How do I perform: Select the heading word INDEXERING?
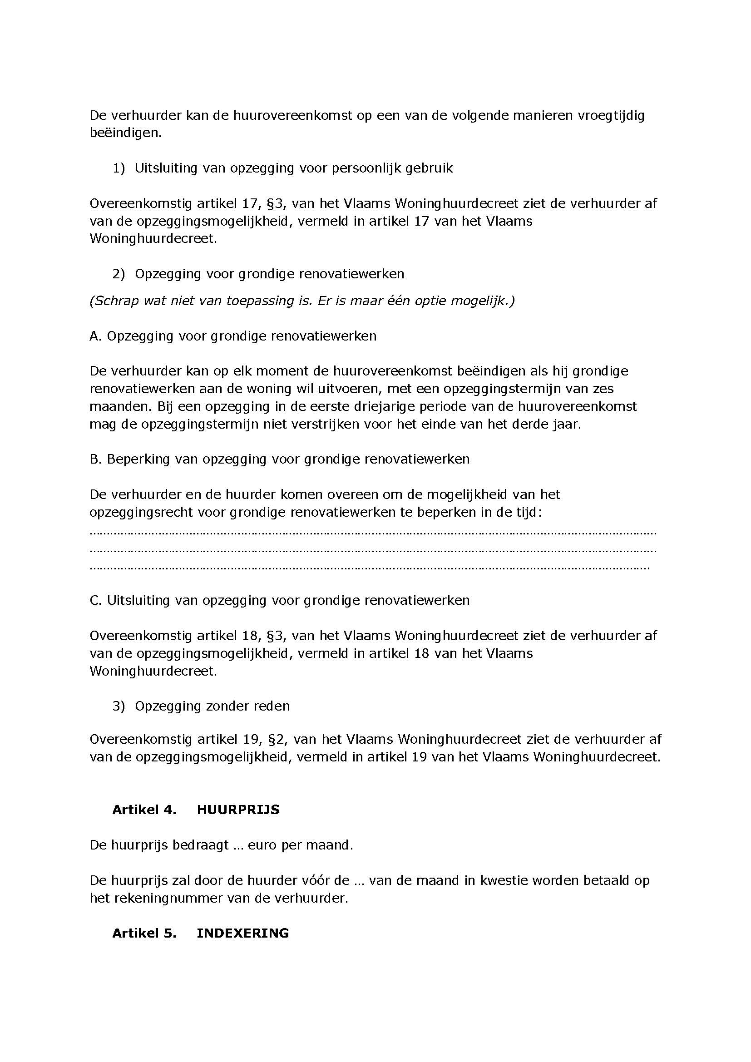point(243,933)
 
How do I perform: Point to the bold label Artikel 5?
point(144,933)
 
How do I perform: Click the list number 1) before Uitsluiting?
point(119,168)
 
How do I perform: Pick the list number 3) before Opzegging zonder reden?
point(119,706)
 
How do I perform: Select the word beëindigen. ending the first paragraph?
point(125,133)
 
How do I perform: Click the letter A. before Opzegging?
point(95,336)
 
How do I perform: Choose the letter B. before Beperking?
point(95,459)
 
